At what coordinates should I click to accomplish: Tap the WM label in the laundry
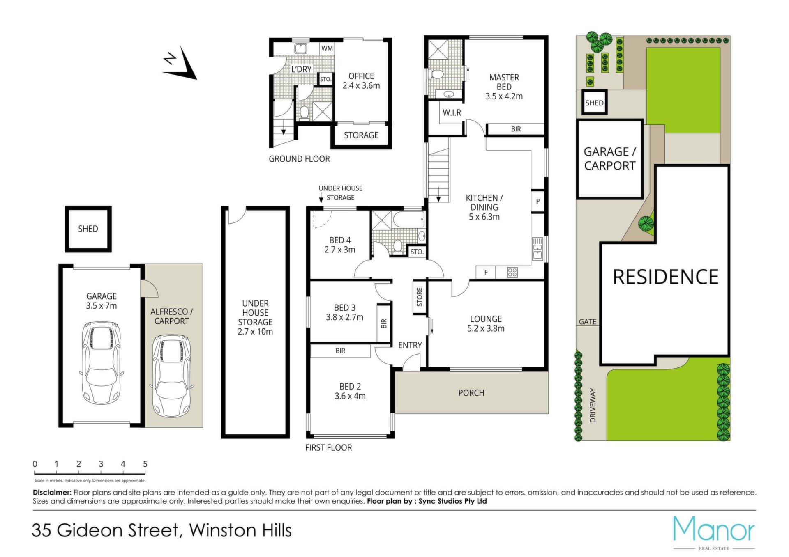click(327, 48)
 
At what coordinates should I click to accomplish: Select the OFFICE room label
click(361, 76)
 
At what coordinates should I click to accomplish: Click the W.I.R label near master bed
click(452, 112)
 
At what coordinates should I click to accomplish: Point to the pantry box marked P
click(538, 201)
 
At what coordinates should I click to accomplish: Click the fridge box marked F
click(486, 272)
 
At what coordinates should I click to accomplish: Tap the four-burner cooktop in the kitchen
click(512, 272)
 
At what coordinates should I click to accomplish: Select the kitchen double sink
click(538, 248)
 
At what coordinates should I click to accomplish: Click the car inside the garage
click(102, 362)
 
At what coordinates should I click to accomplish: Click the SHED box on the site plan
click(594, 103)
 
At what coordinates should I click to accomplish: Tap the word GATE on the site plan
click(587, 322)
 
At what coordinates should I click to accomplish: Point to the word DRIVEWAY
click(592, 405)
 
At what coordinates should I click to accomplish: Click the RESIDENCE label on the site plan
click(666, 277)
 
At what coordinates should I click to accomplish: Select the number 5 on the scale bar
click(145, 464)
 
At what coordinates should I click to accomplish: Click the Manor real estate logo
click(714, 532)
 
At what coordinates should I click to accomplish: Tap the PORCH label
click(471, 393)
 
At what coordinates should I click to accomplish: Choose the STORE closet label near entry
click(420, 297)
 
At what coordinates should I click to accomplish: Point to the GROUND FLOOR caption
click(299, 159)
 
